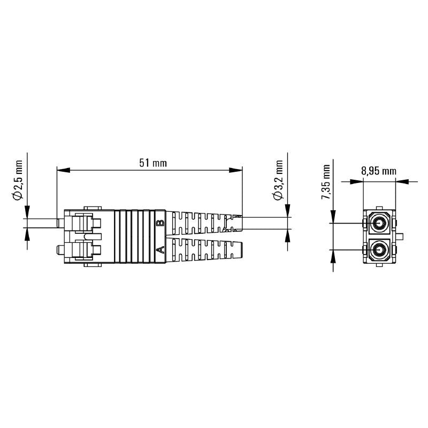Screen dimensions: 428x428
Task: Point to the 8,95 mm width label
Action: point(378,171)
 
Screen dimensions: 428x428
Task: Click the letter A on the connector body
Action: point(159,250)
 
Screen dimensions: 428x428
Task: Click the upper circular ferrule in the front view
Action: point(380,223)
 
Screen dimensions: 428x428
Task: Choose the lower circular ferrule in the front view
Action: point(380,249)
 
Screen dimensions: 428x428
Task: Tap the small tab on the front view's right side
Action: point(400,236)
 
